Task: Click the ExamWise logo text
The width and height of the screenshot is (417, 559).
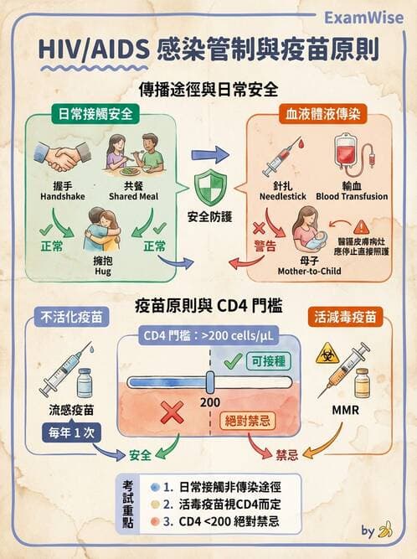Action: pos(369,18)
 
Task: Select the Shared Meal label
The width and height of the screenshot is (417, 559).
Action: pos(129,196)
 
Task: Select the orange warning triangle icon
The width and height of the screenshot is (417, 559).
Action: pos(361,226)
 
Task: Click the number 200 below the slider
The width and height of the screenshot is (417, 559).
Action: pos(213,401)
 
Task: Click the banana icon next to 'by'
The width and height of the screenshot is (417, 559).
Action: pos(386,531)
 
